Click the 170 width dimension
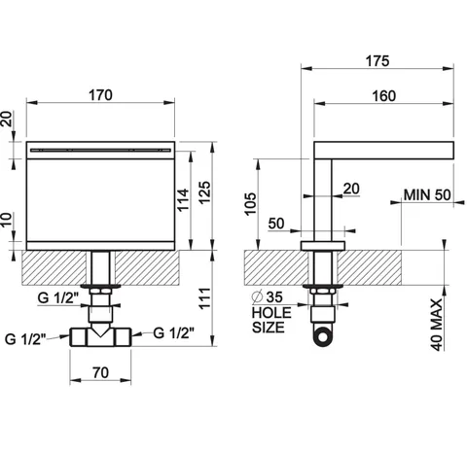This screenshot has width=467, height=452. (x=100, y=95)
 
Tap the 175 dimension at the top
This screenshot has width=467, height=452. (x=377, y=61)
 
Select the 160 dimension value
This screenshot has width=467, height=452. (x=384, y=96)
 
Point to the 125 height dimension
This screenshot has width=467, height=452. (x=204, y=192)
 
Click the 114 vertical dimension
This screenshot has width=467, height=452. (x=183, y=199)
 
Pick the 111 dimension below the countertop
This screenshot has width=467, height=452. (x=204, y=298)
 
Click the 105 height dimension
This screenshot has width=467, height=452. (x=250, y=204)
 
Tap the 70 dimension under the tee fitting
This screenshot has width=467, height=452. (x=101, y=372)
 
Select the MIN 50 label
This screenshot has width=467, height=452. (x=427, y=194)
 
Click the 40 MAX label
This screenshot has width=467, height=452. (x=437, y=325)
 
